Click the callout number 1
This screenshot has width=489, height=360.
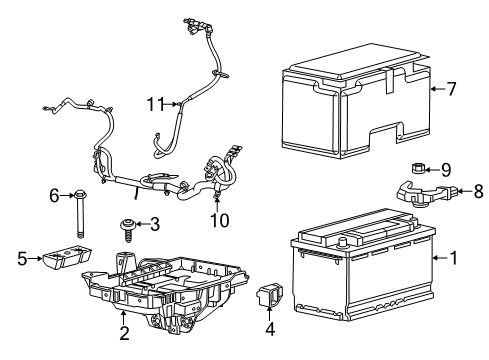click(454, 257)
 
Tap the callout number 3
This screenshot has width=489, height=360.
click(155, 224)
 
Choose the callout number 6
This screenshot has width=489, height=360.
click(55, 195)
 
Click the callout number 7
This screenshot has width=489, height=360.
click(451, 89)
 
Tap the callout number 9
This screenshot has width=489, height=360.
click(447, 168)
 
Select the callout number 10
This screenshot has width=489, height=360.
click(220, 218)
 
